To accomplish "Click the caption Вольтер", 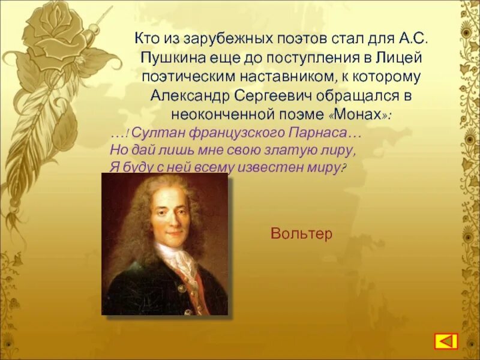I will coord(301,234).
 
